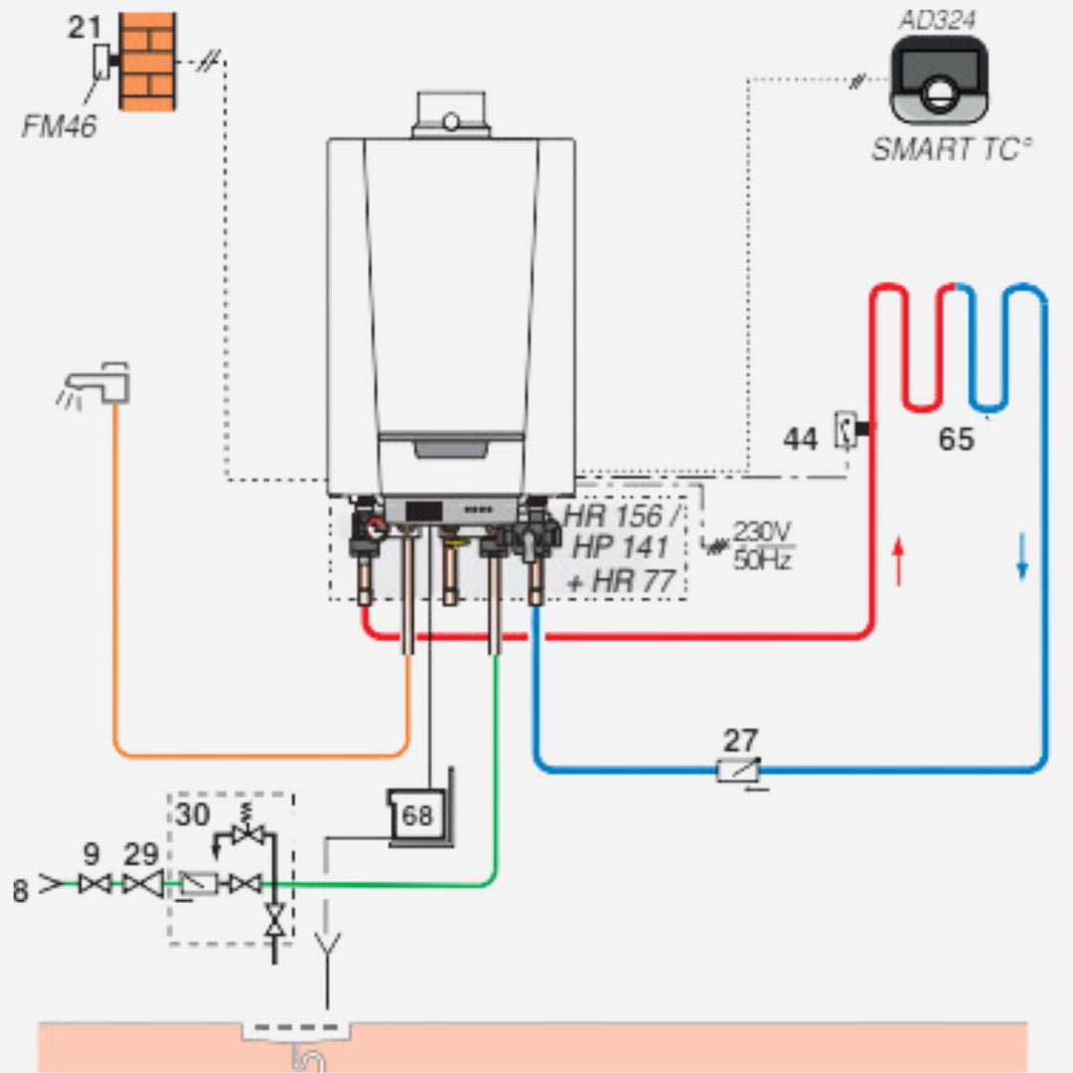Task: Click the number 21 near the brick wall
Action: [x=85, y=28]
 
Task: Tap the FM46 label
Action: [x=60, y=126]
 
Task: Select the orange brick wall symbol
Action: [x=148, y=61]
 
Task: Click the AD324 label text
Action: [x=937, y=20]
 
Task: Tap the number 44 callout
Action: [x=802, y=437]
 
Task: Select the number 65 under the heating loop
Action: [x=956, y=439]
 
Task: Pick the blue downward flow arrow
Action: [x=1021, y=558]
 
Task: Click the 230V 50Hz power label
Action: [x=762, y=544]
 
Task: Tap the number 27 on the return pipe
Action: [x=740, y=740]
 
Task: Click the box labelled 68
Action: [x=418, y=816]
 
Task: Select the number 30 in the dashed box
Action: [x=194, y=814]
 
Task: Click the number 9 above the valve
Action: [x=91, y=853]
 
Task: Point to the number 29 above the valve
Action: [x=142, y=853]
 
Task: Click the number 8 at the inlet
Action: [x=21, y=891]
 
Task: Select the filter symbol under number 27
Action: [x=740, y=770]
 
